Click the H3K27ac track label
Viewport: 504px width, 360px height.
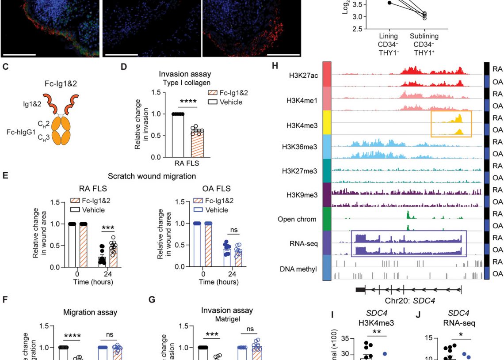click(x=305, y=76)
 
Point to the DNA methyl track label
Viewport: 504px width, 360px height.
click(x=298, y=268)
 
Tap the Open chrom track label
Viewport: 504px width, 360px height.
click(x=298, y=219)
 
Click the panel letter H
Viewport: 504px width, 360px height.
click(x=275, y=67)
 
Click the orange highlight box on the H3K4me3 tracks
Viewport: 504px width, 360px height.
click(x=451, y=124)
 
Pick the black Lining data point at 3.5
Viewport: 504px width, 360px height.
click(x=389, y=3)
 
